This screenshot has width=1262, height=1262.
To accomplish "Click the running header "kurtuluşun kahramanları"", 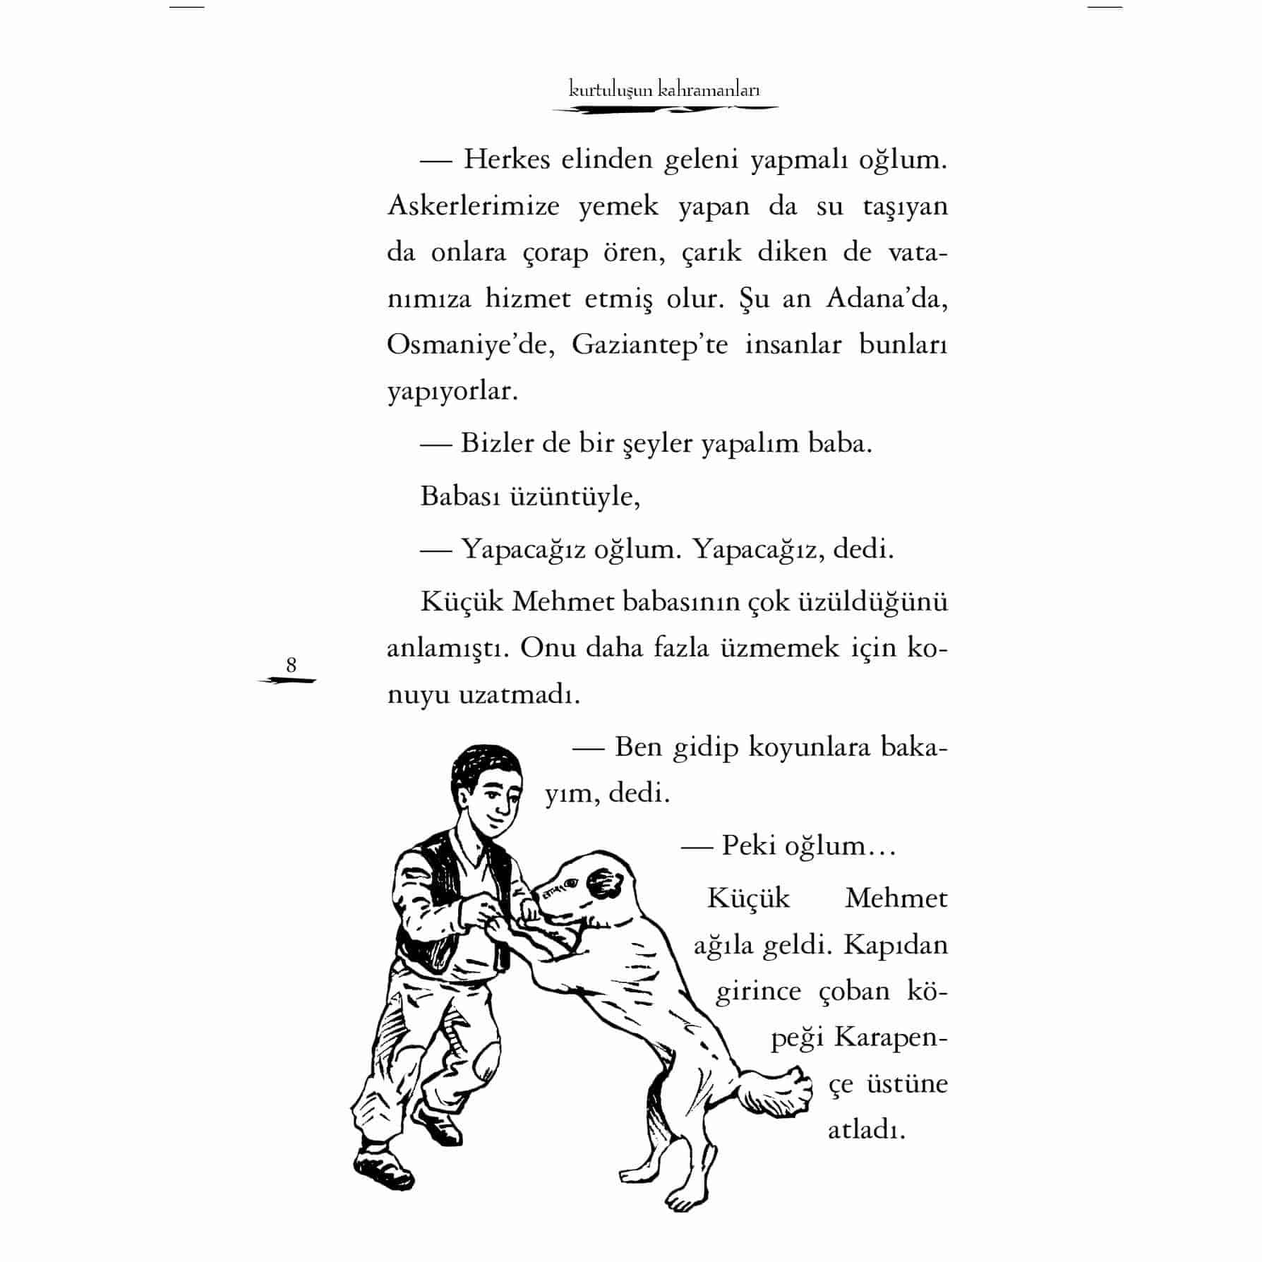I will point(664,90).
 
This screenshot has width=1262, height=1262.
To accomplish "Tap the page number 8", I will point(291,665).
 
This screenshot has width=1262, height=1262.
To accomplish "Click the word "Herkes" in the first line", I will point(506,160).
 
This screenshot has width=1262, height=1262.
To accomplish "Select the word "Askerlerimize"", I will point(474,206).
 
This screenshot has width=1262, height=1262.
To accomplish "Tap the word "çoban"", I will point(853,991).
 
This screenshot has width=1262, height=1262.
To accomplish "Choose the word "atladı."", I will point(866,1130).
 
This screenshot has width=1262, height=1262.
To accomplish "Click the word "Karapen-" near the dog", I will point(891,1038).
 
